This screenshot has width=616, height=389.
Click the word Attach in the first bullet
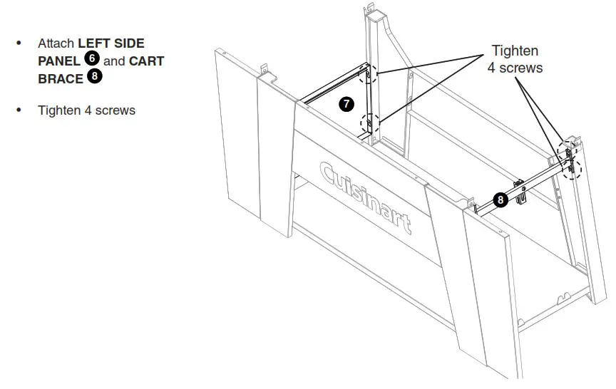coord(56,44)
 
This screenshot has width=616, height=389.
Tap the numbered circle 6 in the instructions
coord(91,60)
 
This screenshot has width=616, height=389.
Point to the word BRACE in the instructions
coord(61,78)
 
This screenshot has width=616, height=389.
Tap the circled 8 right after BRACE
coord(94,77)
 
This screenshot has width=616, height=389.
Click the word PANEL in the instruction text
coord(59,61)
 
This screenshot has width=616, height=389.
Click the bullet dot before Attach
coord(19,44)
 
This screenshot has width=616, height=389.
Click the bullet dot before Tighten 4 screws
coord(19,110)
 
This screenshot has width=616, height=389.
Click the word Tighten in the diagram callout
coord(515,51)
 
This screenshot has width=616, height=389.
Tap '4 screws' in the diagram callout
coord(515,68)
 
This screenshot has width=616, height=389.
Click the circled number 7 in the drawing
coord(346,105)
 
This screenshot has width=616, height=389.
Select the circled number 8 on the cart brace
coord(500,200)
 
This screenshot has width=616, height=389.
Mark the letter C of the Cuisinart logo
coord(329,173)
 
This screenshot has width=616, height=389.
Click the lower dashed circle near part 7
coord(370,124)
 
